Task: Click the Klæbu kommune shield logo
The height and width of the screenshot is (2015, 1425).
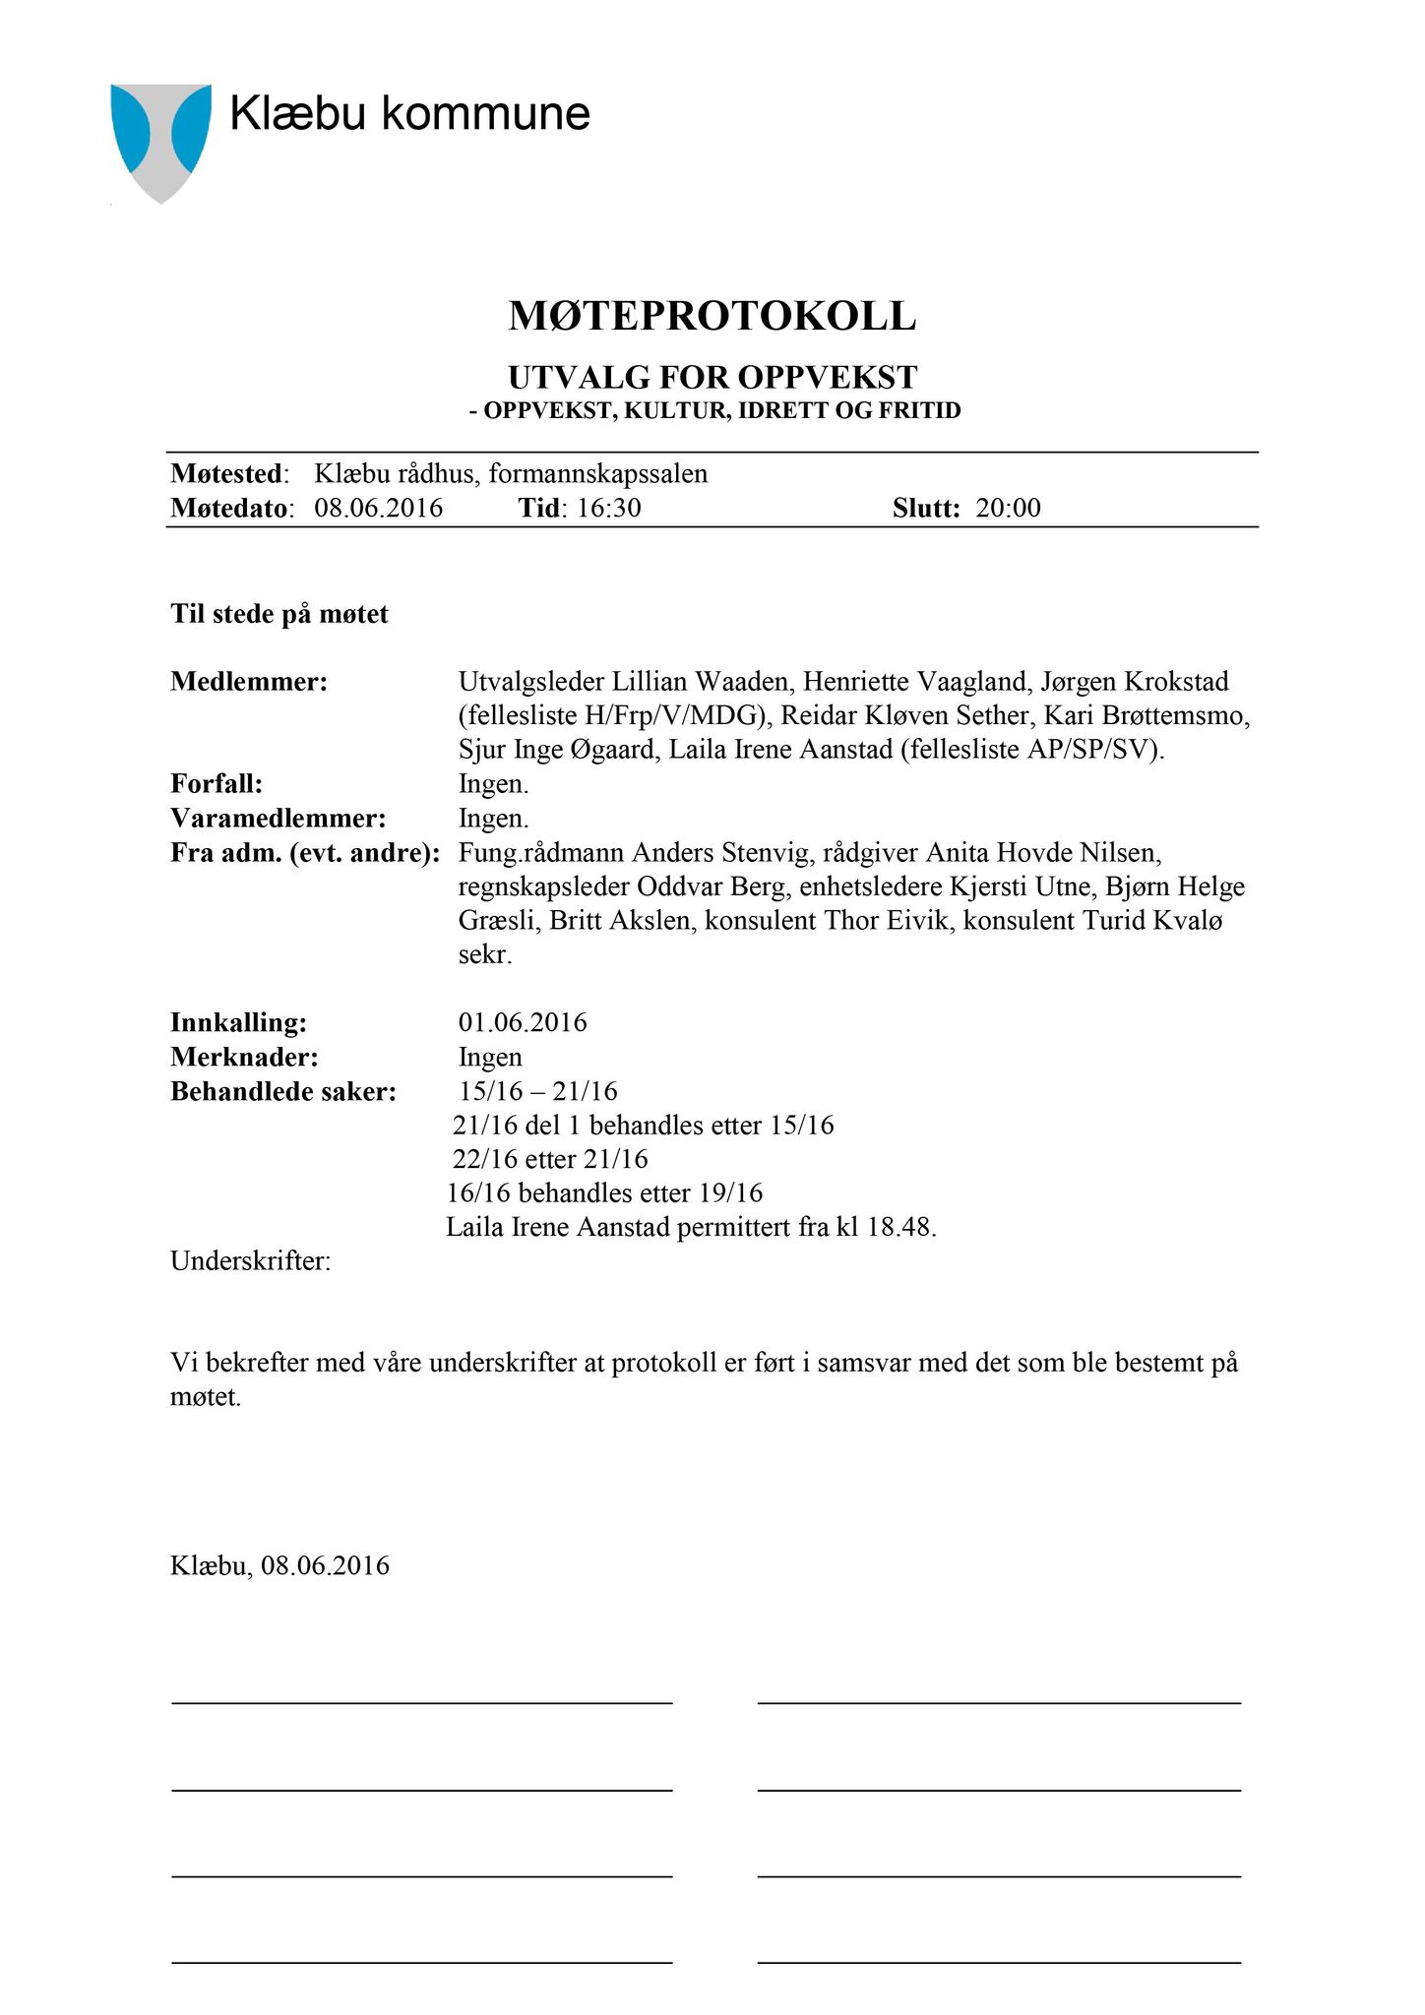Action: point(160,140)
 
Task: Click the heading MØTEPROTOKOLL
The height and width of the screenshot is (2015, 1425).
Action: point(712,316)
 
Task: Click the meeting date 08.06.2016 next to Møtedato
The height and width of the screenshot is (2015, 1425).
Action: point(379,508)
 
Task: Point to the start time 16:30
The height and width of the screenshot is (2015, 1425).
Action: point(609,508)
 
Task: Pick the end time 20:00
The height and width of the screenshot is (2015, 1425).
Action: point(1008,508)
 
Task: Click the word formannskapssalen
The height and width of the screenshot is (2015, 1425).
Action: point(598,474)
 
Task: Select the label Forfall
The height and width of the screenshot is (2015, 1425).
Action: point(217,784)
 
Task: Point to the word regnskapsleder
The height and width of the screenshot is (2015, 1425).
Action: point(544,886)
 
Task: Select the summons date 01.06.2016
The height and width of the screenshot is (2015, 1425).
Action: point(523,1022)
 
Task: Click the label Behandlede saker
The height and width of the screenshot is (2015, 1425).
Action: point(283,1091)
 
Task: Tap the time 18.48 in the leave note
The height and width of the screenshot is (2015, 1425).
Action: point(901,1227)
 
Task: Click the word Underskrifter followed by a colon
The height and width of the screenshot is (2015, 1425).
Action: point(250,1260)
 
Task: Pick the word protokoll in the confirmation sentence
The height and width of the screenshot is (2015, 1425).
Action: point(664,1363)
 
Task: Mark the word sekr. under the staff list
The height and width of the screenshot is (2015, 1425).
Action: point(485,954)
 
